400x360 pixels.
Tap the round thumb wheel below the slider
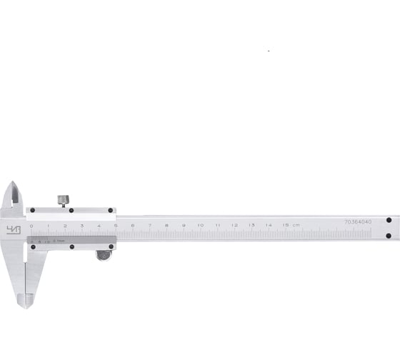coord(104,255)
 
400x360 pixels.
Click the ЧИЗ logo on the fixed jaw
coord(14,229)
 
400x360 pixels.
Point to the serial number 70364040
coord(358,222)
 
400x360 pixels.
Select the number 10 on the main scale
coord(201,226)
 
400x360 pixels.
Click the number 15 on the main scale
coord(285,226)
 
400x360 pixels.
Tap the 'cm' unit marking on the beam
coord(296,226)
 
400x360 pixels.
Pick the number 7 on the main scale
coord(150,226)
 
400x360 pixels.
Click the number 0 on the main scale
coord(31,226)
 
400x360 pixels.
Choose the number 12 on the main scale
coord(234,226)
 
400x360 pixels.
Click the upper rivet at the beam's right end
coord(389,221)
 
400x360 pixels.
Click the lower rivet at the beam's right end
coord(389,236)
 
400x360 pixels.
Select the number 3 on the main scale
coord(82,226)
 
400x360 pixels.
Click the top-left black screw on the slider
coord(32,210)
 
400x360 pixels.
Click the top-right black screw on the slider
coord(111,210)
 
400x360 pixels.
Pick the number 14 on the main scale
coord(269,226)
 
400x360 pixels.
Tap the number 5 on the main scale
coord(116,226)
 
